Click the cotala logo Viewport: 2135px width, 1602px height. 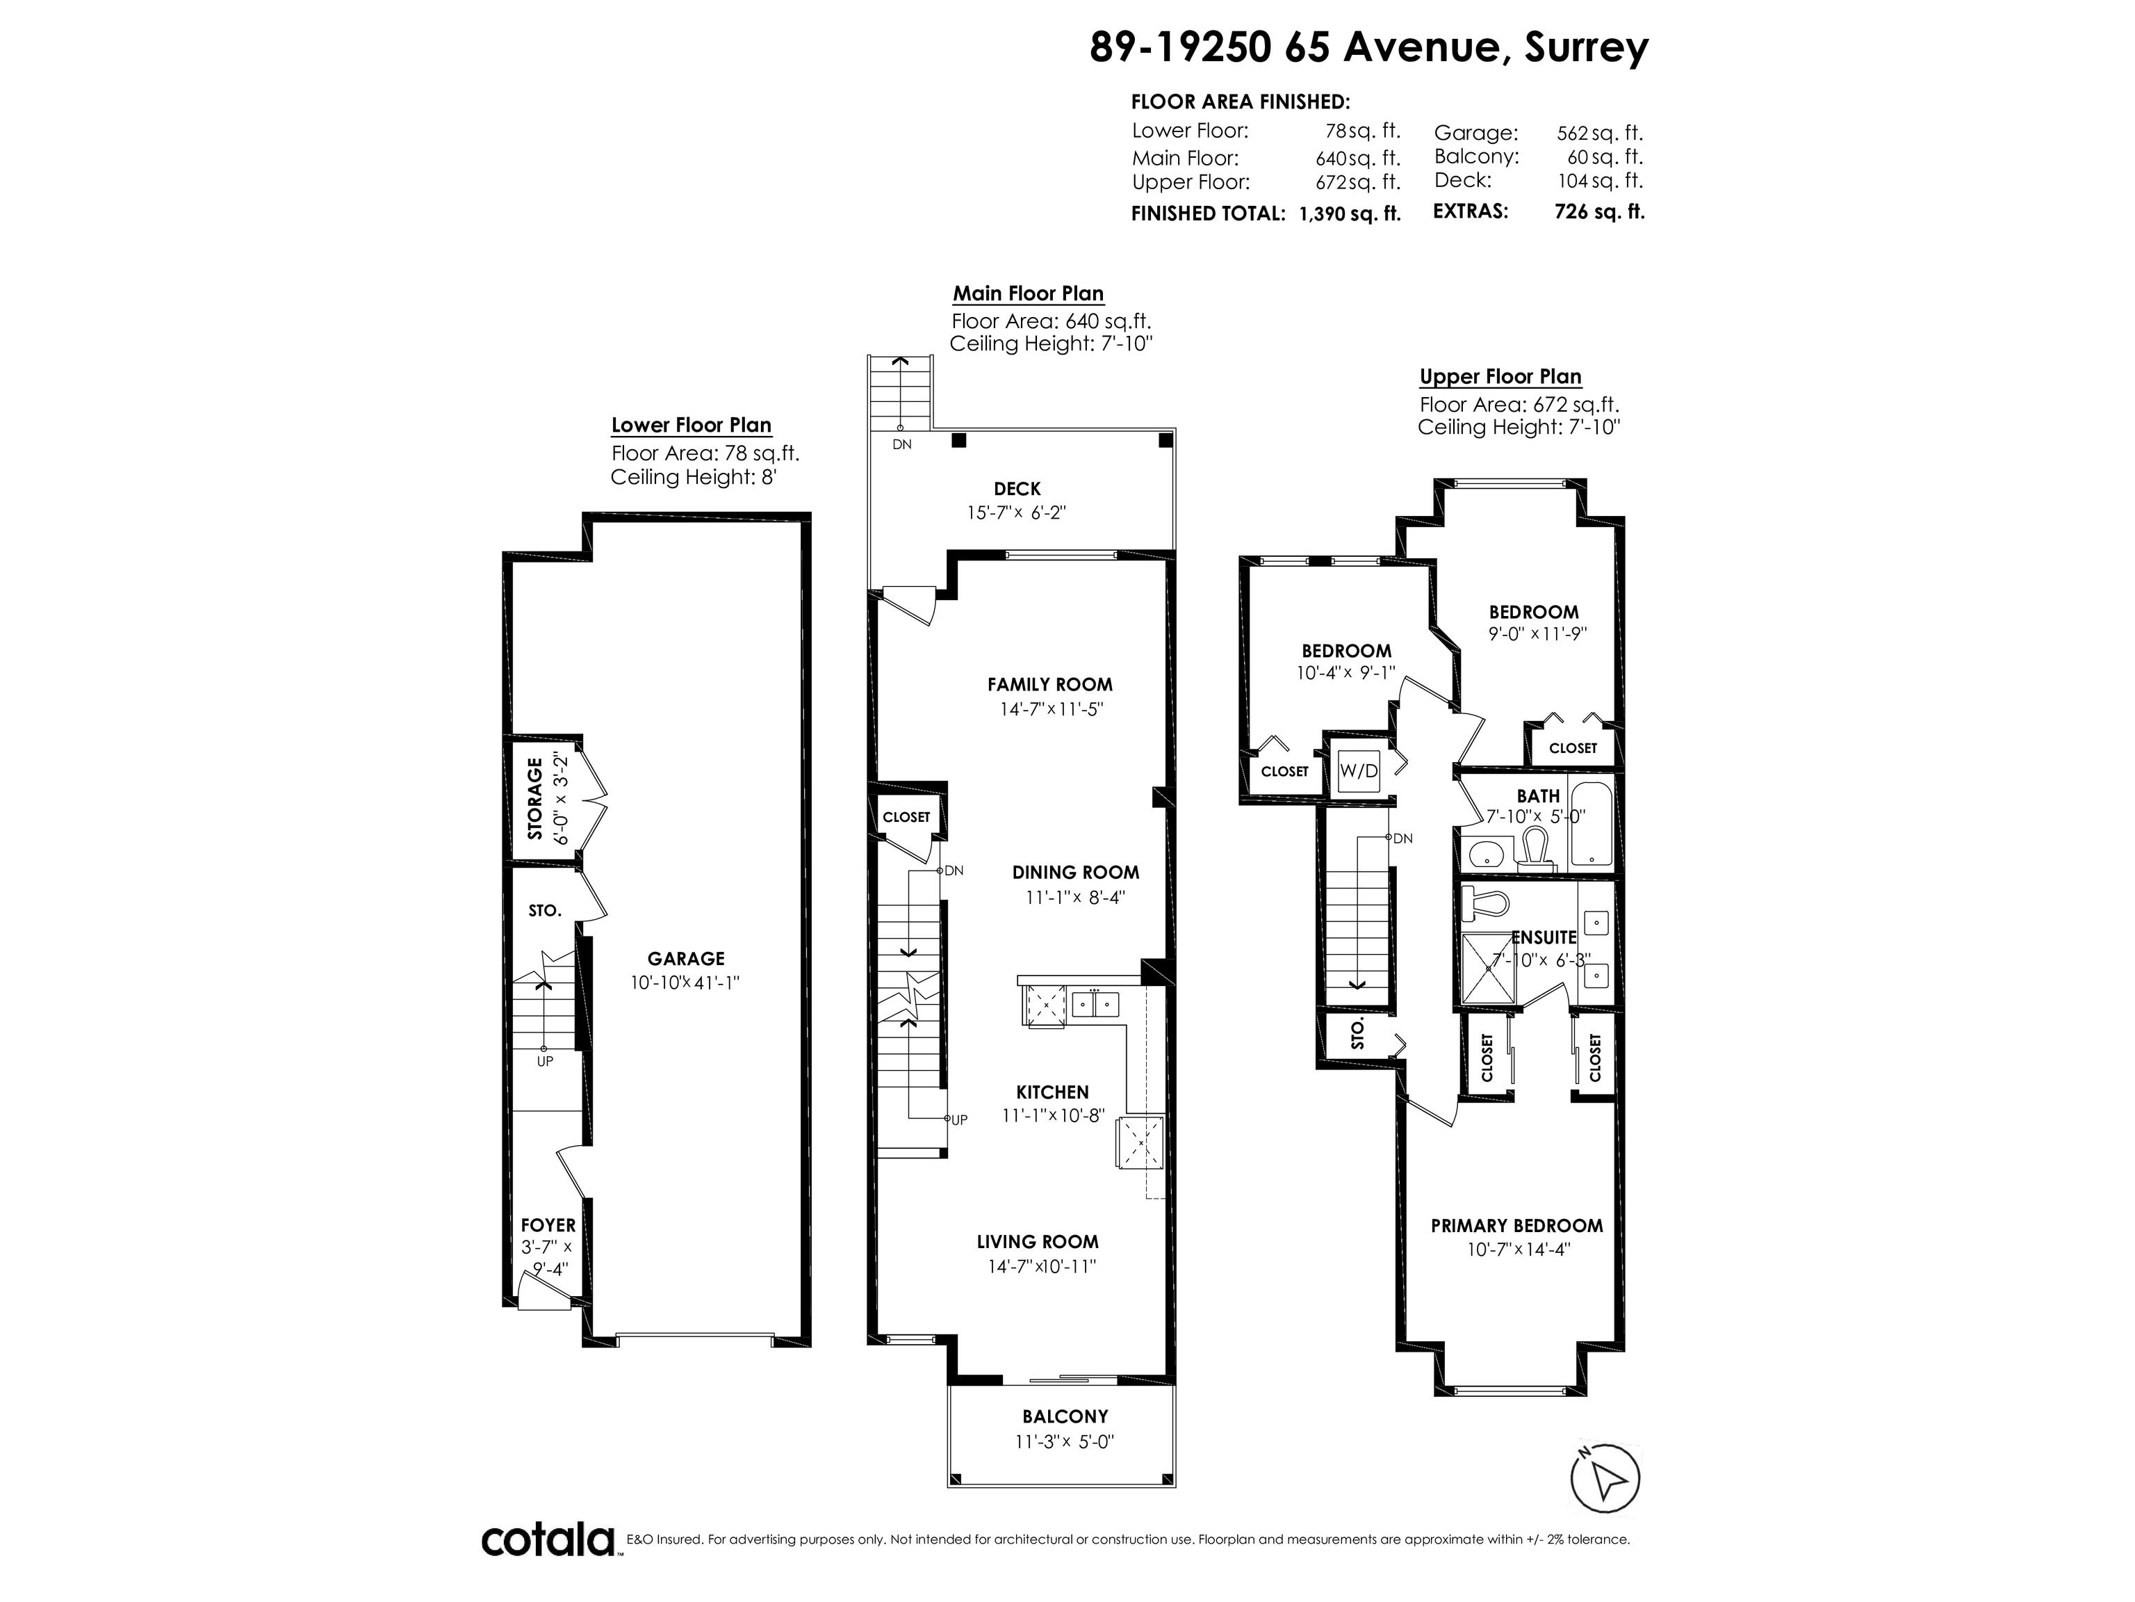click(548, 1539)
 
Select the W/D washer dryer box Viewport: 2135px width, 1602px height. click(1359, 770)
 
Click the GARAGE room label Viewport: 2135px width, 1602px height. click(685, 959)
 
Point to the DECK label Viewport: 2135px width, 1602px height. click(1017, 489)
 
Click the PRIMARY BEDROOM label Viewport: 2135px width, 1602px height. click(1516, 1225)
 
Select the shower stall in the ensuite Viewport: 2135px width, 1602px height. click(1490, 969)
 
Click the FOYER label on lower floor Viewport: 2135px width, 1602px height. click(548, 1225)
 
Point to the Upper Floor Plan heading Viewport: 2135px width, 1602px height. click(1500, 377)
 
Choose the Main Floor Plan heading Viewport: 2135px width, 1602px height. click(1028, 293)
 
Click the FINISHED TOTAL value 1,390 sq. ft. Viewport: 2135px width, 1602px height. click(1350, 213)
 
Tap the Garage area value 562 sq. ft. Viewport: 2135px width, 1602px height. click(1599, 133)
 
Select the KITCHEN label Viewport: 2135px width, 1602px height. click(1052, 1092)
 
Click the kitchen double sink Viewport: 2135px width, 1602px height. click(1095, 1004)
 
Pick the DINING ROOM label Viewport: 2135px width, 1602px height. click(1075, 873)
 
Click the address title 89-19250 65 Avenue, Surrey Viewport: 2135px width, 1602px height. click(1368, 47)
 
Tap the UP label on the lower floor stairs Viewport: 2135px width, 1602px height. click(546, 1061)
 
